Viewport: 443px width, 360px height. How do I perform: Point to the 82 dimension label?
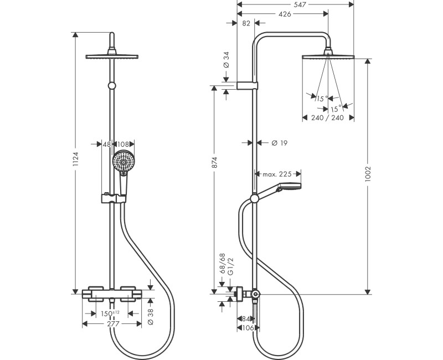pyautogui.click(x=247, y=23)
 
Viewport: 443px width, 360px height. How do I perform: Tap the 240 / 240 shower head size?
pyautogui.click(x=327, y=117)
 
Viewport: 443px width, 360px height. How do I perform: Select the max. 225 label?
pyautogui.click(x=277, y=174)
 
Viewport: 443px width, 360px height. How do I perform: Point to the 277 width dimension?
pyautogui.click(x=114, y=324)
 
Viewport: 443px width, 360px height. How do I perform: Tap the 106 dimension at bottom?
pyautogui.click(x=248, y=328)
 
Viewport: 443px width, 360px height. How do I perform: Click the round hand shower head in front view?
pyautogui.click(x=122, y=162)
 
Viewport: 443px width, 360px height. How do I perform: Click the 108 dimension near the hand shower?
pyautogui.click(x=123, y=145)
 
